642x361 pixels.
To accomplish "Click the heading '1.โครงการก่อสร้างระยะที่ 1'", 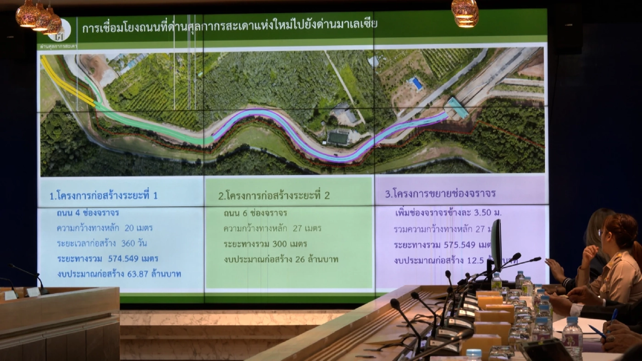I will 104,196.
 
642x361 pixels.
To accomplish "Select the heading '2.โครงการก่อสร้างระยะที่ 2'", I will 274,196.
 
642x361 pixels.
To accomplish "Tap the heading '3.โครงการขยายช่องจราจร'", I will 440,193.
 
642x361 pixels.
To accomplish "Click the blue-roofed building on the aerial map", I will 417,83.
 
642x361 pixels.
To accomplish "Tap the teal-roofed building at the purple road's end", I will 458,108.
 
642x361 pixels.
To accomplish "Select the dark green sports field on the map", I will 338,137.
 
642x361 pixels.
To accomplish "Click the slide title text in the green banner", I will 228,28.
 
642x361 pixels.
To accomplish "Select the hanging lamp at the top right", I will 465,12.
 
